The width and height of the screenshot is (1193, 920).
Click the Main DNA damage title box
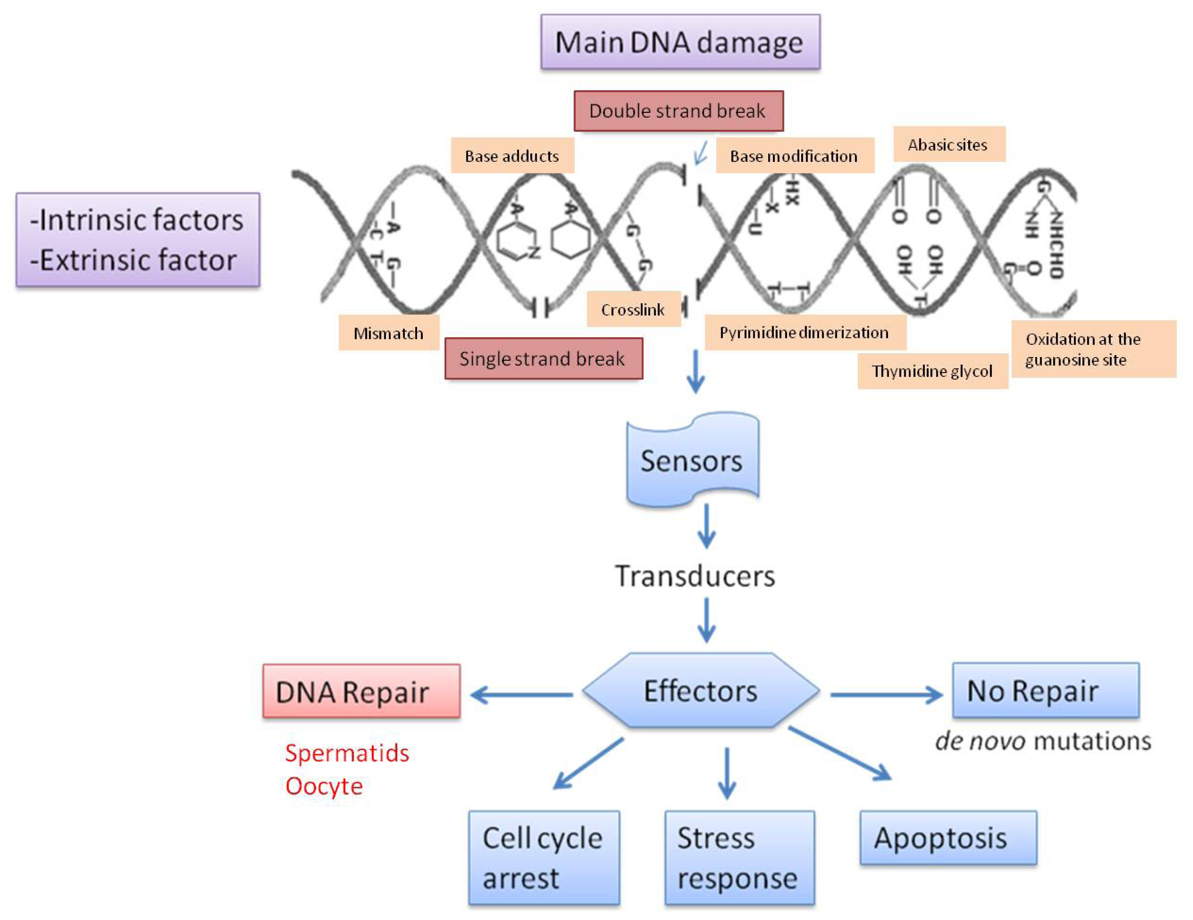point(680,42)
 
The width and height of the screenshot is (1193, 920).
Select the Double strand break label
point(678,111)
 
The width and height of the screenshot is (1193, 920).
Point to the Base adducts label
point(512,156)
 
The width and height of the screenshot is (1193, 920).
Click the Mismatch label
point(388,333)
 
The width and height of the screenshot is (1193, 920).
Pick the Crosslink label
point(633,309)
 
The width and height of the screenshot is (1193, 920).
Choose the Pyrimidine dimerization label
point(805,332)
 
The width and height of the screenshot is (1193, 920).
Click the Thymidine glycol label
point(932,371)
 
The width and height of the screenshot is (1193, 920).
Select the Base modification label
point(794,156)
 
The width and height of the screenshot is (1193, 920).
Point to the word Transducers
point(695,576)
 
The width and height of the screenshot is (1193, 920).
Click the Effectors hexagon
point(701,690)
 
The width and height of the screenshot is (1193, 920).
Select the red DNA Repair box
point(361,691)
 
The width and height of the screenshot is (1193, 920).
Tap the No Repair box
point(1046,690)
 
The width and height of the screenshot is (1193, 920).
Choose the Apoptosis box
point(948,837)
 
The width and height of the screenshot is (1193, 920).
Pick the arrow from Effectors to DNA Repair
point(522,695)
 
